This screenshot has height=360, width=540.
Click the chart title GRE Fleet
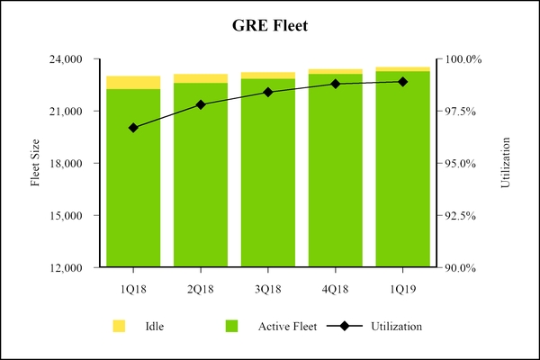[270, 27]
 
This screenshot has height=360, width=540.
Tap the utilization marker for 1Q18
[133, 128]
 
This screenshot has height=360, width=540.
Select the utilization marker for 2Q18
[201, 104]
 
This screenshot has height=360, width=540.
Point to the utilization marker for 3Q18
[267, 92]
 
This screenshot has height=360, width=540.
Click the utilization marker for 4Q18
[335, 84]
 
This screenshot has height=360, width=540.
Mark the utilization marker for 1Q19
[402, 82]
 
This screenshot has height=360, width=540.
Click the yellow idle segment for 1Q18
[133, 83]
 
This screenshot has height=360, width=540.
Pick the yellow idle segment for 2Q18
[201, 78]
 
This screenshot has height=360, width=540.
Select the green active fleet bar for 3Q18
[267, 180]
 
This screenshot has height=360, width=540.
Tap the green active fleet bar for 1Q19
[402, 180]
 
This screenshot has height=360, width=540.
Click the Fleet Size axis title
[36, 163]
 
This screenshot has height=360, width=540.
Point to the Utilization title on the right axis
[506, 163]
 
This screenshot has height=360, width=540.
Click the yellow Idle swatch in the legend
[119, 325]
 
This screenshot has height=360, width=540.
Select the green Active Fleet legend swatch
[231, 325]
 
